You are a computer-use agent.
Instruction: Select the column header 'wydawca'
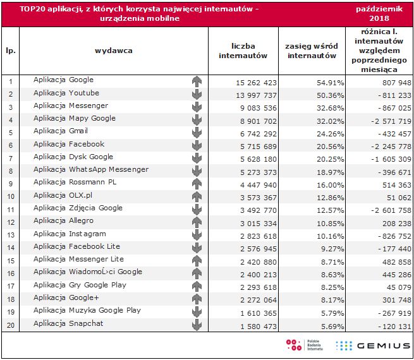pyautogui.click(x=114, y=51)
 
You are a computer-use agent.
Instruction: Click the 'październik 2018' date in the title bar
pyautogui.click(x=378, y=14)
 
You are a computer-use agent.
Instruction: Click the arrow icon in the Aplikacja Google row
pyautogui.click(x=197, y=81)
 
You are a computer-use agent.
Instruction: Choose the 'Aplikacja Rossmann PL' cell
pyautogui.click(x=75, y=182)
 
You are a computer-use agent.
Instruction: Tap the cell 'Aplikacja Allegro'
pyautogui.click(x=63, y=220)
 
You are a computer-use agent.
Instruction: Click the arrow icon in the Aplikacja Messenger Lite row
pyautogui.click(x=197, y=260)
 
